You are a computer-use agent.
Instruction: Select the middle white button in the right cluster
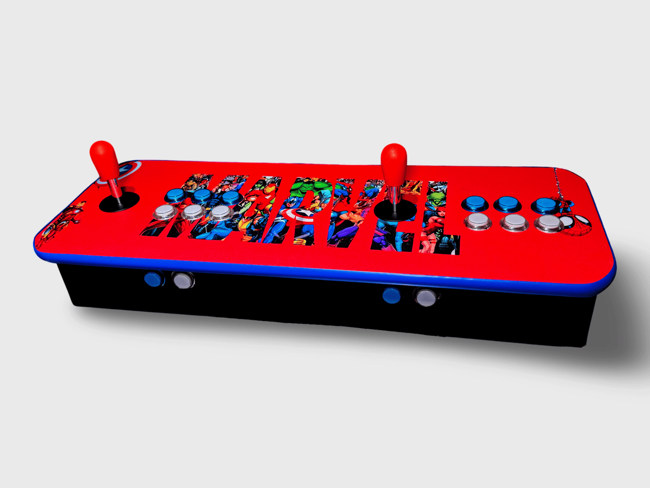coord(514,221)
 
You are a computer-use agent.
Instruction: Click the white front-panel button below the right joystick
coord(425,298)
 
